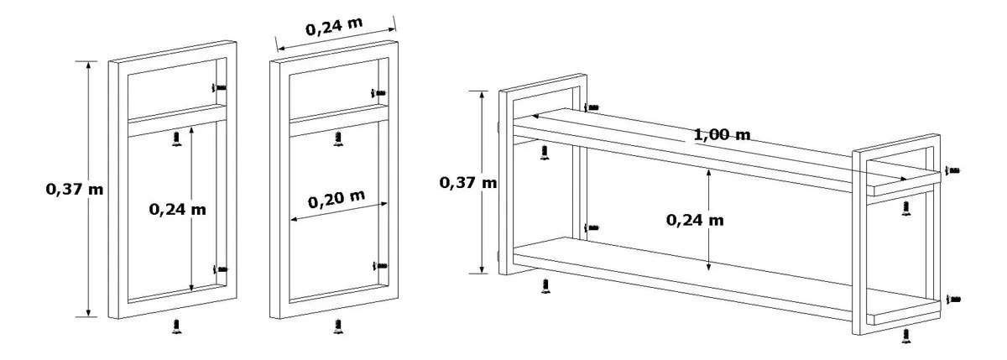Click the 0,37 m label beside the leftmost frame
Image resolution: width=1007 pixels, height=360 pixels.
click(x=75, y=189)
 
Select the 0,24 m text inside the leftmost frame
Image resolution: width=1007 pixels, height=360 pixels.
click(x=178, y=209)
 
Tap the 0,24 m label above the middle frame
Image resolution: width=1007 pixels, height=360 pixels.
click(x=334, y=27)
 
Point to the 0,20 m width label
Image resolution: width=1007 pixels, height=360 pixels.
click(x=337, y=200)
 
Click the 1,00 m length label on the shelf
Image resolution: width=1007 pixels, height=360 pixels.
click(x=722, y=134)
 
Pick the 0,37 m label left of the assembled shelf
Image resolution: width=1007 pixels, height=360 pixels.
click(x=468, y=182)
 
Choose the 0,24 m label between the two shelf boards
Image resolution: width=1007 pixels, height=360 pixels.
click(x=695, y=220)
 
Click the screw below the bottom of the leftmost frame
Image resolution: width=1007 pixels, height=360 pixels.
click(x=177, y=326)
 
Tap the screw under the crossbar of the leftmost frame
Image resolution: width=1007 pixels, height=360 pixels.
click(x=177, y=139)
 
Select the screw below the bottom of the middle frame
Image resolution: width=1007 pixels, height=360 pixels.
click(x=338, y=326)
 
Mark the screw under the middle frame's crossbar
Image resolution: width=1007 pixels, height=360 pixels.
click(x=338, y=139)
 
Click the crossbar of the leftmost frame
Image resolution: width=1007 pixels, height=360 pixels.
click(x=177, y=121)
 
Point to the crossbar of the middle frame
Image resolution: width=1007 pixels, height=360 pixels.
click(x=338, y=121)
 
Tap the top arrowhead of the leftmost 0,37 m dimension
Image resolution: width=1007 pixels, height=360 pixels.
click(x=89, y=65)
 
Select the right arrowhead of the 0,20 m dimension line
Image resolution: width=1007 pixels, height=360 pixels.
click(x=383, y=204)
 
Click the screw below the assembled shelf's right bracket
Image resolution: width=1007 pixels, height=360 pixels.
click(x=906, y=336)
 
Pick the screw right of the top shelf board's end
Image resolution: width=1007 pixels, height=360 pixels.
click(x=952, y=170)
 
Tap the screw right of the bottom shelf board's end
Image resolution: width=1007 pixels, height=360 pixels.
click(x=953, y=299)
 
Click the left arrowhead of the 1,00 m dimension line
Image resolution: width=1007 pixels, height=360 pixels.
click(x=536, y=117)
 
